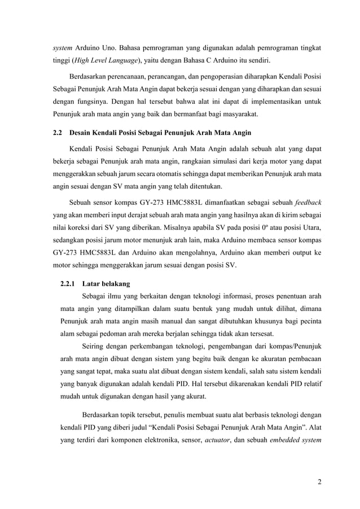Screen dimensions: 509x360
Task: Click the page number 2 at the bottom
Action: coord(319,481)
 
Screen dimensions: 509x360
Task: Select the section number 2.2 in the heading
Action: coord(56,133)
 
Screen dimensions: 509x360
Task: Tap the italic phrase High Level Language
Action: coord(104,61)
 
